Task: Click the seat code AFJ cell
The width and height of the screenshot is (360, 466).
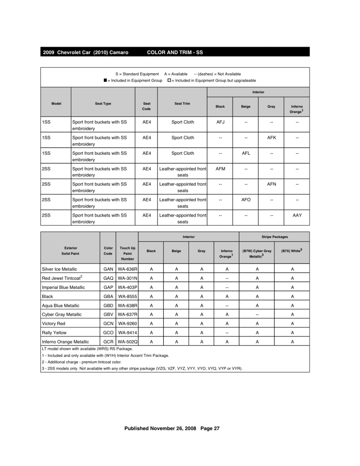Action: click(220, 122)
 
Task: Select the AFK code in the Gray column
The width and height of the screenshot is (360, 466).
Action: click(271, 137)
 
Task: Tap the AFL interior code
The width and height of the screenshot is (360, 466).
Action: click(246, 153)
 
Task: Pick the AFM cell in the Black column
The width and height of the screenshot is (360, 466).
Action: click(220, 168)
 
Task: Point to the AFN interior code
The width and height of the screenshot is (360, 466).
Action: click(271, 184)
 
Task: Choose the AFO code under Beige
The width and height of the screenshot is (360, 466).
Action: click(246, 199)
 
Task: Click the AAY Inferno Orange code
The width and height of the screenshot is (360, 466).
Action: click(297, 215)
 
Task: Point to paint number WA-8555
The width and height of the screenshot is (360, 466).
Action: click(127, 296)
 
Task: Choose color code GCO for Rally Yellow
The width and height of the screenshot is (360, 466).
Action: click(108, 332)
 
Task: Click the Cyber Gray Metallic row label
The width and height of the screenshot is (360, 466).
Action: click(61, 314)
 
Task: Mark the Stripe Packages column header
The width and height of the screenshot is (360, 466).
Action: click(274, 237)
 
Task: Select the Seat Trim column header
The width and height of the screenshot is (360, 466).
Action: click(183, 104)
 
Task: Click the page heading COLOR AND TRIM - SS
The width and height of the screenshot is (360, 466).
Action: click(175, 52)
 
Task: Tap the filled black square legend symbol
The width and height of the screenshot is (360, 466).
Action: click(105, 80)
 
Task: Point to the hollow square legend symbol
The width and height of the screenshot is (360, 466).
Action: click(169, 80)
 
